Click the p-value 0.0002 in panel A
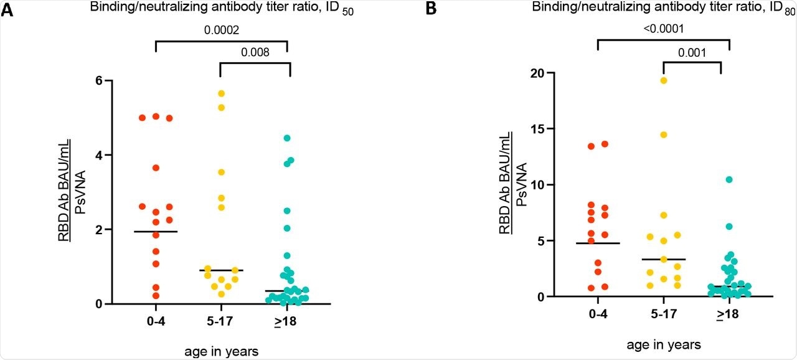220,29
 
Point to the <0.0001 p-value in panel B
663,29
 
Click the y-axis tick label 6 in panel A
98,80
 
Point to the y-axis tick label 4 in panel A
98,154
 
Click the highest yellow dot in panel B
663,80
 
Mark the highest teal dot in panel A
287,138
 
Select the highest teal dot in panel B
729,179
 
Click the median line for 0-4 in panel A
155,231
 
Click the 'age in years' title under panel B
663,344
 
